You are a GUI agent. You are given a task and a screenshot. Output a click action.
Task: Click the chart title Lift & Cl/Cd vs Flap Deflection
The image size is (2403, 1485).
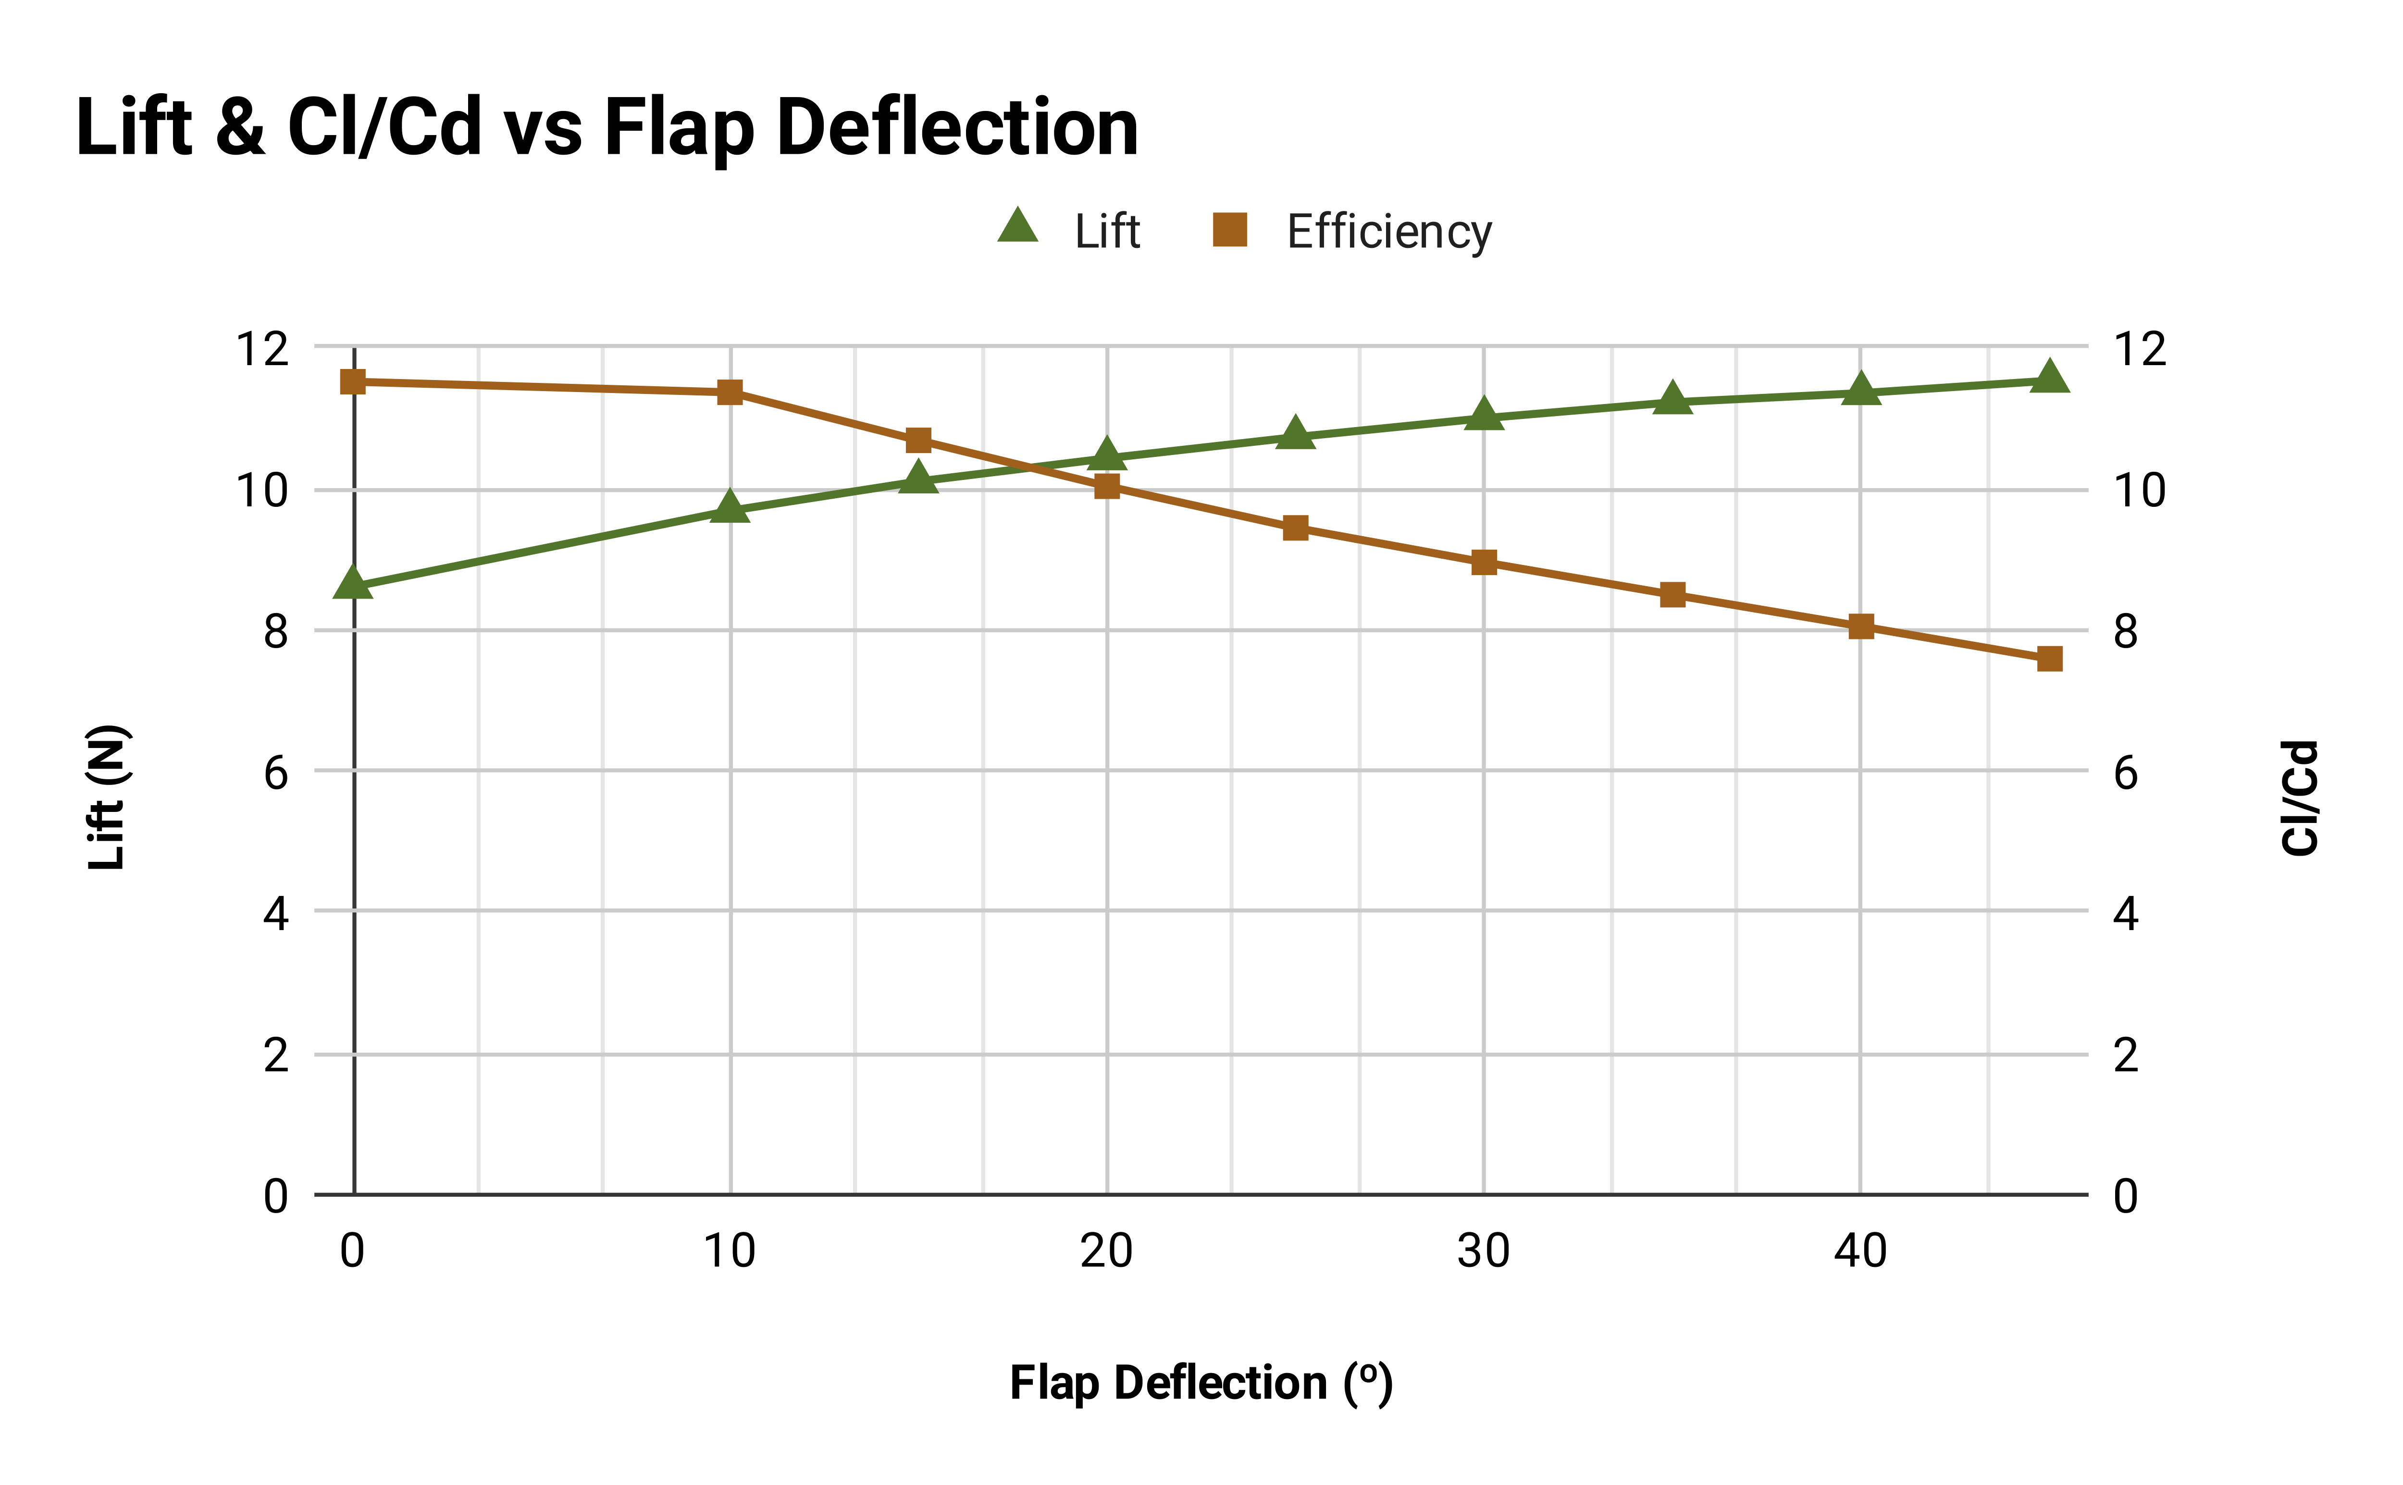pos(606,128)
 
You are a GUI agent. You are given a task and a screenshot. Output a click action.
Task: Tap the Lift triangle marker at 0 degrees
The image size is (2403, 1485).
pos(353,583)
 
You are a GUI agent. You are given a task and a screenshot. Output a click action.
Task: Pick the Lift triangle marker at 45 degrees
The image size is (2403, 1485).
pos(2049,377)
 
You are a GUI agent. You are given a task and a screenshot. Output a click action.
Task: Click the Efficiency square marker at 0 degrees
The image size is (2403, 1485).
pos(353,382)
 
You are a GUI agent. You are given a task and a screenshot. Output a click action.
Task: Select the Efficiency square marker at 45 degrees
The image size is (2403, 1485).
pos(2049,659)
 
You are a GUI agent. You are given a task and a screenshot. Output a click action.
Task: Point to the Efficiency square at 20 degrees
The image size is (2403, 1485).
pos(1107,486)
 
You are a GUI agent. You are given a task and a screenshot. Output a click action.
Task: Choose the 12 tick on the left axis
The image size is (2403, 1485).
pos(262,350)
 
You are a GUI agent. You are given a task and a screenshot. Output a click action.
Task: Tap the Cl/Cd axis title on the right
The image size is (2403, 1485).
pos(2300,798)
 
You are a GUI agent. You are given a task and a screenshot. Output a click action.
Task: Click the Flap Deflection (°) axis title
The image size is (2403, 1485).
pos(1201,1383)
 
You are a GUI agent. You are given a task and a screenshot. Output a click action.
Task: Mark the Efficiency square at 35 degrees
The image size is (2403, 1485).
pos(1672,594)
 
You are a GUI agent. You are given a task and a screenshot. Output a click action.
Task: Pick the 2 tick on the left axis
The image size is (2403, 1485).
pos(276,1056)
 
